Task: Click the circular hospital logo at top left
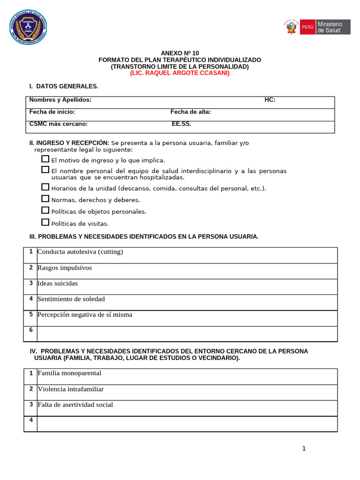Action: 28,28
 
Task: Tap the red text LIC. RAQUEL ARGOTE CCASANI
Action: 180,74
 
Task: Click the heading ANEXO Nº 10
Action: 180,53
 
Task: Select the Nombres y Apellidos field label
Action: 60,100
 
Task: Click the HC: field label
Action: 270,100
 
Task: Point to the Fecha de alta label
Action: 190,112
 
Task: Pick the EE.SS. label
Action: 181,124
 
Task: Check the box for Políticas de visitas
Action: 45,222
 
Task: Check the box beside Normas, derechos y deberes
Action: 45,199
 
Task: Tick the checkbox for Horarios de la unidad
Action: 45,187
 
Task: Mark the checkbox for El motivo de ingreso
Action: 45,159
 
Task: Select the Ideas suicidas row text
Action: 58,284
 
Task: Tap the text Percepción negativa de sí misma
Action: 85,315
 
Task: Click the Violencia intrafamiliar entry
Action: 71,389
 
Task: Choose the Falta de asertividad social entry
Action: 75,405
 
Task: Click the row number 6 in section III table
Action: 31,330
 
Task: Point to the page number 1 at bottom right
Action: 304,449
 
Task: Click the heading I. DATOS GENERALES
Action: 64,86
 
